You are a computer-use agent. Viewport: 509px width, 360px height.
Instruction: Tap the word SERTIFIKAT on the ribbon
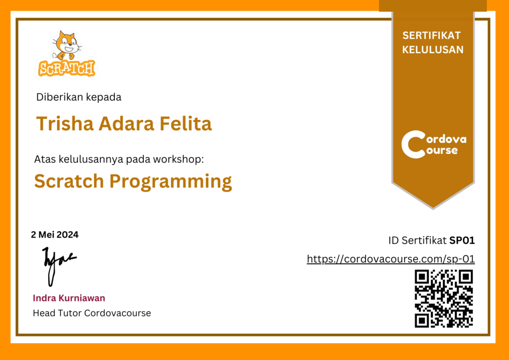432,36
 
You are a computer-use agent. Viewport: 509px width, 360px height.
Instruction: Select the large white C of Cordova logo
412,144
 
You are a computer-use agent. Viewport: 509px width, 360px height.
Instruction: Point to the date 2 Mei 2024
55,235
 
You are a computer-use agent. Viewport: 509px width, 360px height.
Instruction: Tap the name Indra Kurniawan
69,298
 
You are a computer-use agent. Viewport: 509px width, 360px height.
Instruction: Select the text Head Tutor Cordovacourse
92,313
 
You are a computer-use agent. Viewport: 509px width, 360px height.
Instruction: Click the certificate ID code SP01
462,241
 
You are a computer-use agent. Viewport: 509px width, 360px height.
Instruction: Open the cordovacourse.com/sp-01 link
391,259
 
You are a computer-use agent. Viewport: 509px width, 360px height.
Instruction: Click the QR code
444,299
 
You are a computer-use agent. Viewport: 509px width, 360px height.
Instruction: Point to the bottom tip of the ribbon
433,208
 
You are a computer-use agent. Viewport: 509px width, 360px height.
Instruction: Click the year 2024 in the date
68,235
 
